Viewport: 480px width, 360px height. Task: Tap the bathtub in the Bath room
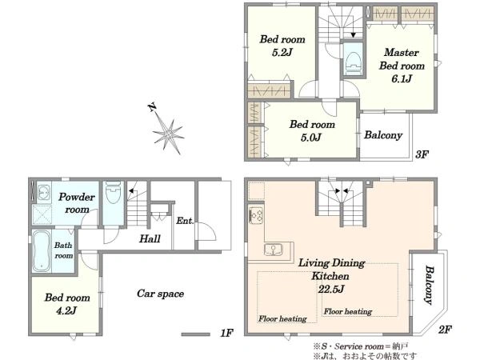[x=42, y=251]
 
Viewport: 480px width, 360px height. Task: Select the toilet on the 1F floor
[x=113, y=193]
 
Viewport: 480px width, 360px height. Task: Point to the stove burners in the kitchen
[x=257, y=215]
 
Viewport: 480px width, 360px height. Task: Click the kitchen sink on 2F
[x=274, y=250]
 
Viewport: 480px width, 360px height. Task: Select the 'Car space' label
[x=161, y=294]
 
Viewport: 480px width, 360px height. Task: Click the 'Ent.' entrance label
[x=185, y=221]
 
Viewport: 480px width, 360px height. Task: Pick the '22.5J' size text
[x=331, y=289]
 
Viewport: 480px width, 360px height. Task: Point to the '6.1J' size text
[x=402, y=79]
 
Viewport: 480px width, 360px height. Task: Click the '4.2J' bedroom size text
[x=66, y=311]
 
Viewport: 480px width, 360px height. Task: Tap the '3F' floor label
[x=422, y=154]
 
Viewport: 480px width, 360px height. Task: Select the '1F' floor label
[x=227, y=333]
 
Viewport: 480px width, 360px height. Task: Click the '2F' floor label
[x=445, y=330]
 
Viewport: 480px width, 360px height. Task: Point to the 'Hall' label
[x=150, y=238]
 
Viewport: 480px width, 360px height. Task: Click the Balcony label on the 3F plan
[x=383, y=135]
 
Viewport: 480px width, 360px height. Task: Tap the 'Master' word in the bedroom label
[x=402, y=52]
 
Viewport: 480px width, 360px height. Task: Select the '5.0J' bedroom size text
[x=310, y=138]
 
